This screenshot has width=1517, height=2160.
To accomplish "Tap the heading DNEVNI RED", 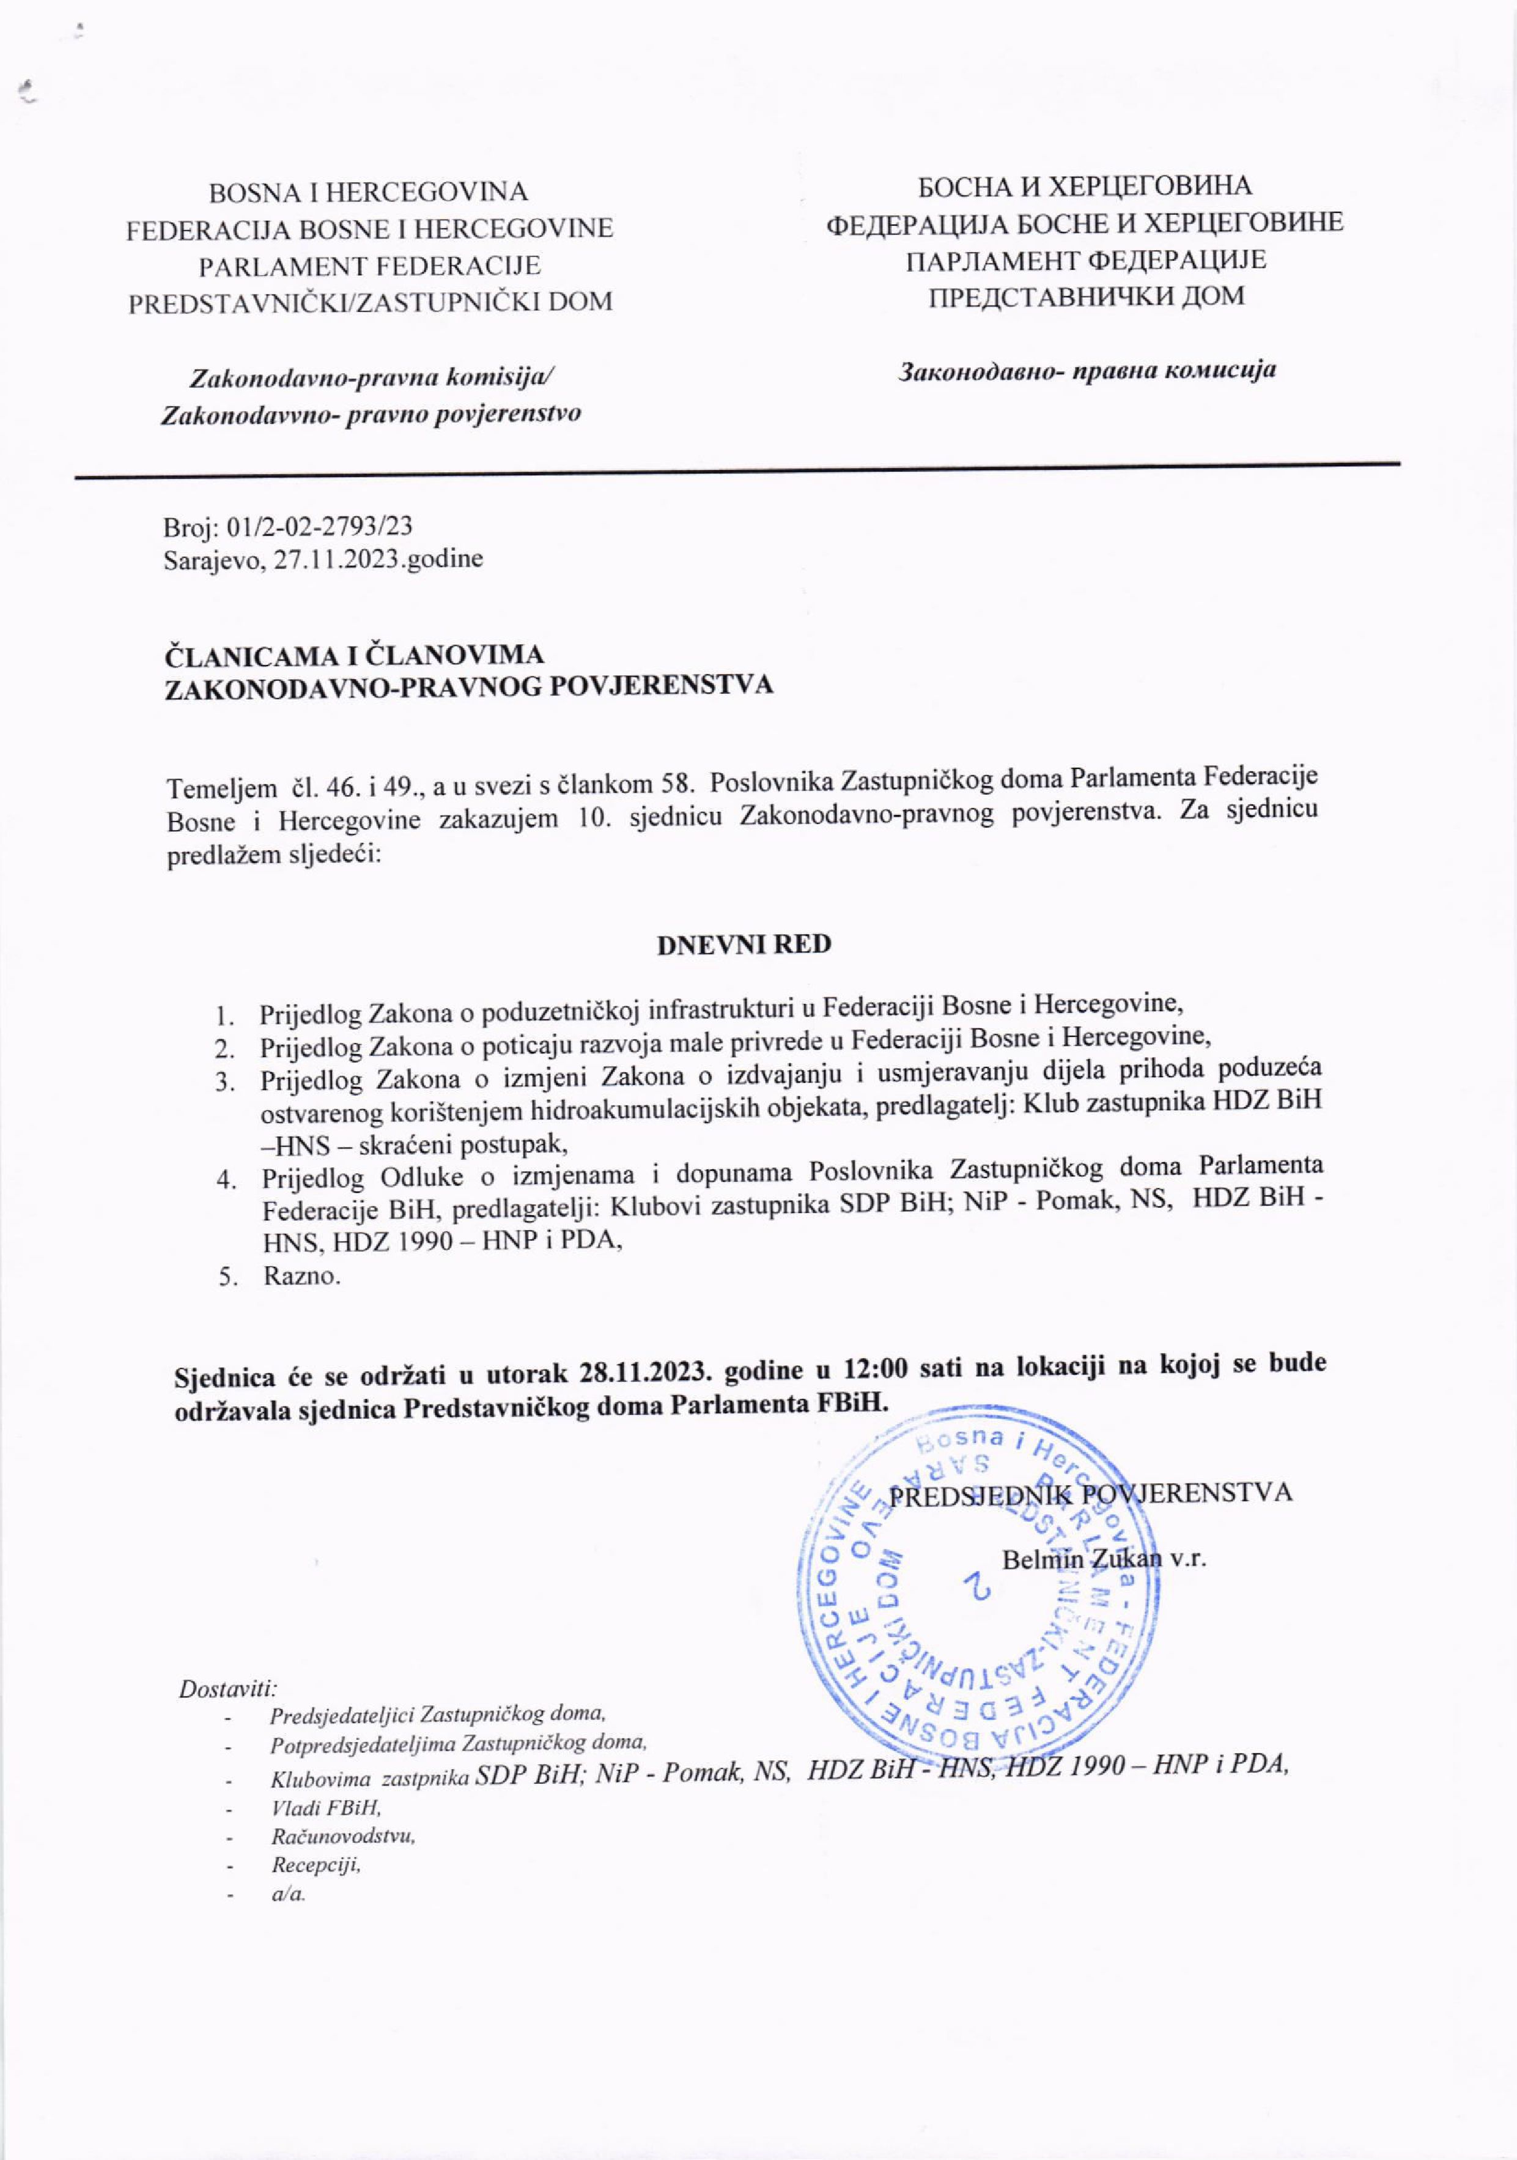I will click(x=743, y=944).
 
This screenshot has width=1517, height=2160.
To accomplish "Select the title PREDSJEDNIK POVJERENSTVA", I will click(x=1091, y=1493).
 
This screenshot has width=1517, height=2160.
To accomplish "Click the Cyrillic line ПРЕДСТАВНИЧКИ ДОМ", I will click(x=1087, y=296).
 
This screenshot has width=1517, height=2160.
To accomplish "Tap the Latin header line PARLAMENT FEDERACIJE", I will click(x=369, y=265).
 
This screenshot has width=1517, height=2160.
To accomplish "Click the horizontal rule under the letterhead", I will click(x=737, y=470).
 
